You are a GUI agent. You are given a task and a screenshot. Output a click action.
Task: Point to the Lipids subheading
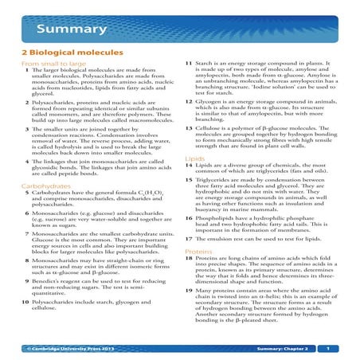(194, 158)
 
